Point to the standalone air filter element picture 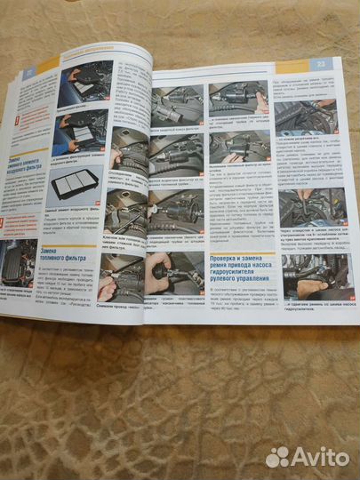(81, 185)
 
